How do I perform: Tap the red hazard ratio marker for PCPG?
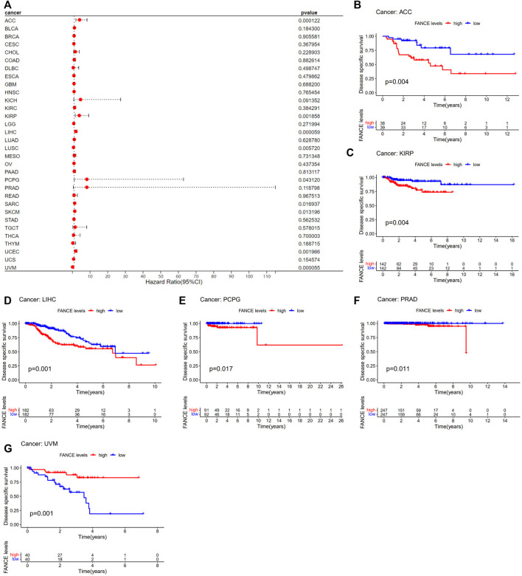[86, 179]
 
